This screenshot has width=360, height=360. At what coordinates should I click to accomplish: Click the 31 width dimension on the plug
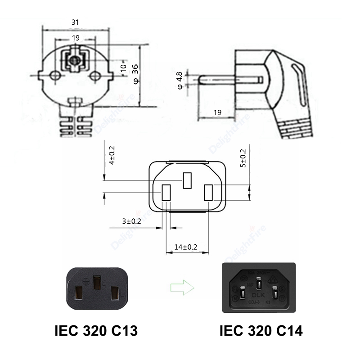click(75, 22)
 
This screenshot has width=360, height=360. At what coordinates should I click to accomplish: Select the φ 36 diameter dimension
click(135, 74)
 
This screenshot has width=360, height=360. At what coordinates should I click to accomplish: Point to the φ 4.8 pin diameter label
click(179, 80)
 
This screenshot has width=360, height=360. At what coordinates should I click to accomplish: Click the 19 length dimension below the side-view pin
click(217, 112)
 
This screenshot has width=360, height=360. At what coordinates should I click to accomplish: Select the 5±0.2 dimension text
click(243, 158)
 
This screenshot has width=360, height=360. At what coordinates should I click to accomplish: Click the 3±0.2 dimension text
click(131, 221)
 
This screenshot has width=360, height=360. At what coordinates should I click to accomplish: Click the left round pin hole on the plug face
click(54, 76)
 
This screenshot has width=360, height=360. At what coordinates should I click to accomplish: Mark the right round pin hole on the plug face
click(94, 76)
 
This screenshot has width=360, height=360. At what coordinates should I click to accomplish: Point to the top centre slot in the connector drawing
click(187, 180)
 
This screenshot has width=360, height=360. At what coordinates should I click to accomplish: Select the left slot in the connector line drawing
click(165, 192)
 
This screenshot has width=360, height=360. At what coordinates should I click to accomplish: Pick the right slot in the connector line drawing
click(208, 192)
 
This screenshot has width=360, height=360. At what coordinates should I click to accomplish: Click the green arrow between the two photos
click(180, 287)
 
